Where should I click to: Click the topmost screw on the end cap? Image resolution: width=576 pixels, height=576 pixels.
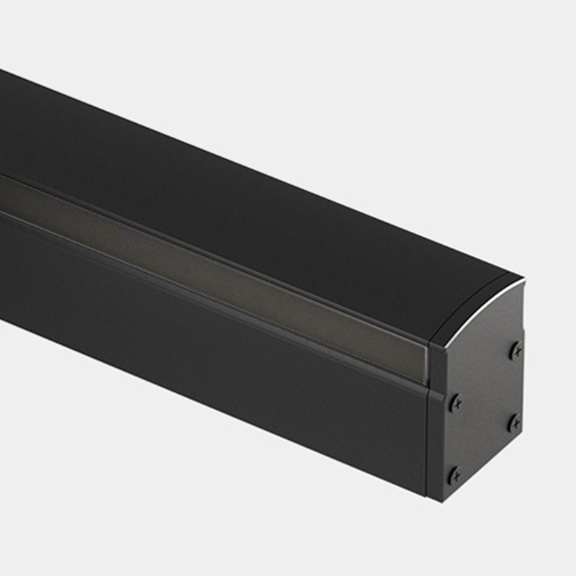(516, 351)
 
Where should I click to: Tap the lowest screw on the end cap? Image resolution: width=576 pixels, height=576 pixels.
(454, 475)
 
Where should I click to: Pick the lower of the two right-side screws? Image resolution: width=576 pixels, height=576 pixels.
(514, 423)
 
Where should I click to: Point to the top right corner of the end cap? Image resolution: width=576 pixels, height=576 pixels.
(522, 278)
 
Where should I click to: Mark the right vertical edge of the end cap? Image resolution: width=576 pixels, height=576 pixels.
(523, 389)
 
